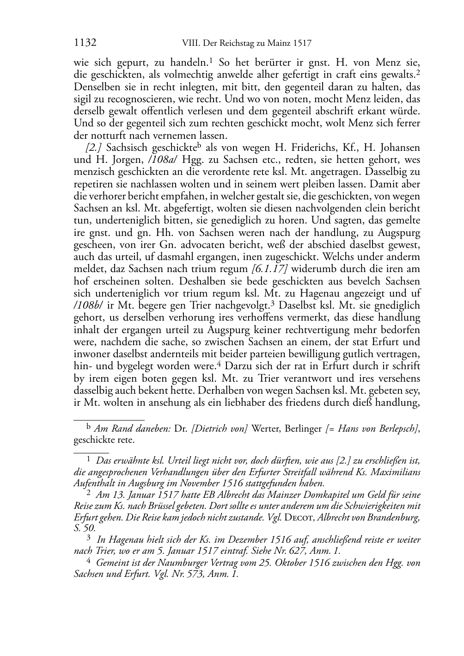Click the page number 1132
pyautogui.click(x=85, y=43)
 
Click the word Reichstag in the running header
pyautogui.click(x=226, y=43)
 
